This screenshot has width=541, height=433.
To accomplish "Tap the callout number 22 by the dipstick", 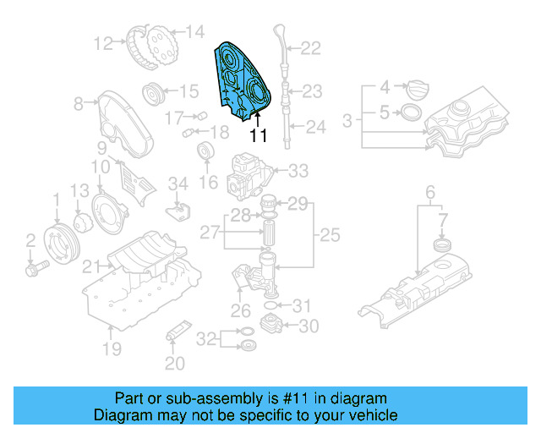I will (310, 49).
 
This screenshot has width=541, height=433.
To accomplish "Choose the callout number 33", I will (298, 172).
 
